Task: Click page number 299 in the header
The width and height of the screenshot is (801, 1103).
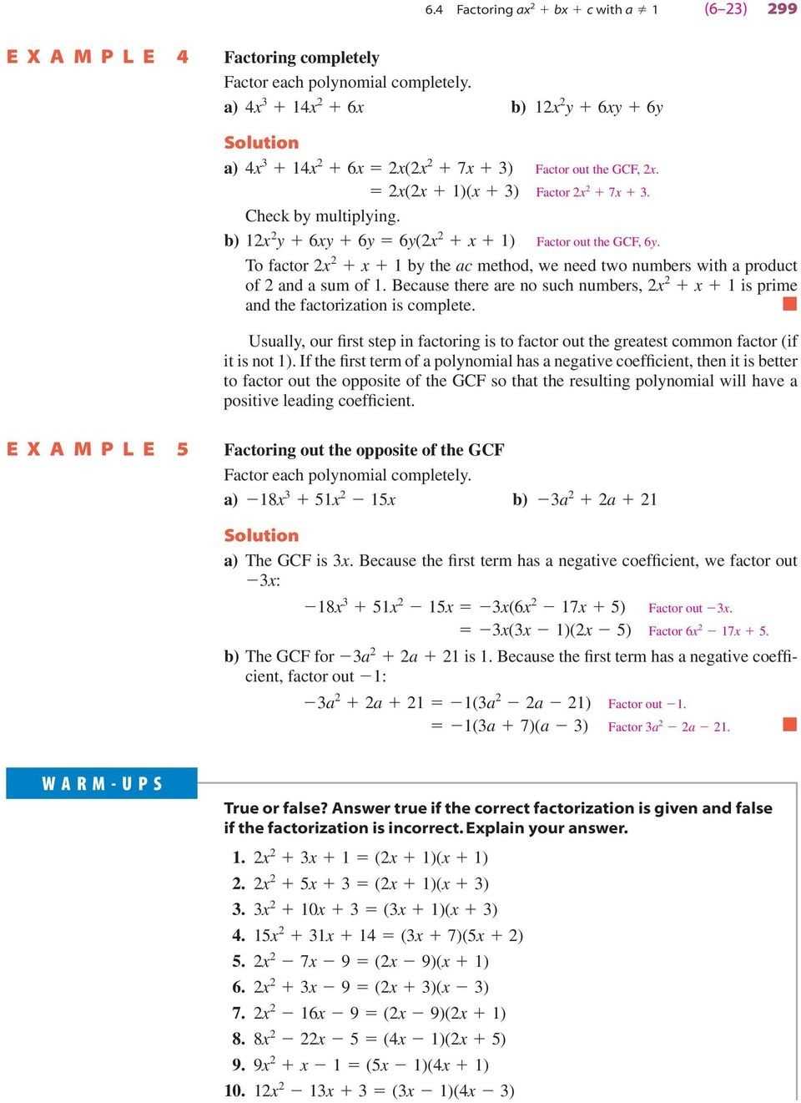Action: click(782, 10)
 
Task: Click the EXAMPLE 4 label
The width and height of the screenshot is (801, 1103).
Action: click(98, 57)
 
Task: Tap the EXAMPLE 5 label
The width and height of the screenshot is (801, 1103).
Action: click(98, 449)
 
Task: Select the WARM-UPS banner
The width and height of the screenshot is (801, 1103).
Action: click(102, 783)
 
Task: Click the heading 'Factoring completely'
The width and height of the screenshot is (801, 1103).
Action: click(301, 58)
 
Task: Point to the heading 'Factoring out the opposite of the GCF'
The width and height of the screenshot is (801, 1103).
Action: click(364, 450)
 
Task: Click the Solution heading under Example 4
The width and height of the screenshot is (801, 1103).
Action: click(260, 143)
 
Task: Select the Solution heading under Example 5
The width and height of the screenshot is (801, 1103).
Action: click(260, 535)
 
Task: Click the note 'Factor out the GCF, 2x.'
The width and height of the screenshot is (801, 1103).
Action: click(597, 169)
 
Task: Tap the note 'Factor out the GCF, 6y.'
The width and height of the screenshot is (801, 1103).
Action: click(598, 242)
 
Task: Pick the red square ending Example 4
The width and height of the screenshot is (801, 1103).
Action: click(788, 305)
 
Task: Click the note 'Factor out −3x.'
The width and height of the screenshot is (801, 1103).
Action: click(690, 608)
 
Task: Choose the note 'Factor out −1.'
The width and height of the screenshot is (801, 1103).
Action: click(647, 704)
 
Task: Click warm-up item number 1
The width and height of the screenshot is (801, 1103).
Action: click(360, 857)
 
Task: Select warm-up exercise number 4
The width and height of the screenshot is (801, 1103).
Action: click(377, 935)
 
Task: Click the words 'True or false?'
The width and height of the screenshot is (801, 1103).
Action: click(275, 807)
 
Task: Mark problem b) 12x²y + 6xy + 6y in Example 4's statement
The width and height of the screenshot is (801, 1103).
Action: click(587, 107)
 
